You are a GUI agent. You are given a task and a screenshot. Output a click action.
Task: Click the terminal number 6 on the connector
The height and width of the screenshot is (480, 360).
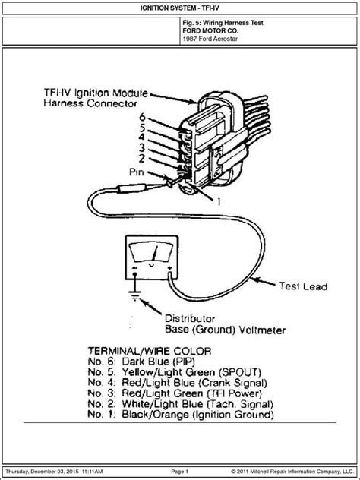[x=142, y=117]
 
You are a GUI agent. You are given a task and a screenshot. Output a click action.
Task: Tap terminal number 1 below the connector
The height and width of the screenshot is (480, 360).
[x=219, y=202]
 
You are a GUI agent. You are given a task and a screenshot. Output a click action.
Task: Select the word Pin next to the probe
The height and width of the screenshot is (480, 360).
[x=137, y=172]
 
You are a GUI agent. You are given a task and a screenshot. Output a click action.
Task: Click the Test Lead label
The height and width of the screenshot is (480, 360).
[x=303, y=286]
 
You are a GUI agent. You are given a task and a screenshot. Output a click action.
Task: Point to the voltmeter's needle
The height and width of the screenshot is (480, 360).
[x=155, y=253]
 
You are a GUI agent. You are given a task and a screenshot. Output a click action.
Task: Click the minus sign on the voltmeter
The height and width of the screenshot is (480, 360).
[x=134, y=268]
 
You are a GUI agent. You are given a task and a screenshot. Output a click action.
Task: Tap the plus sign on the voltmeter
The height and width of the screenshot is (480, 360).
[x=169, y=268]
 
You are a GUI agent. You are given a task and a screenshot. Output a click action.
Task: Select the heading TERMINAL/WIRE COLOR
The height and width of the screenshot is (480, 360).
[x=150, y=351]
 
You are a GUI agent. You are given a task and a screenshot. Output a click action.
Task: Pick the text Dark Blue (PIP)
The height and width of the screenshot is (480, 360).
[x=158, y=362]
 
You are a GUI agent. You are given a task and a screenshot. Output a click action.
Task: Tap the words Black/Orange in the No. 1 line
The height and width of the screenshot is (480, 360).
[x=155, y=415]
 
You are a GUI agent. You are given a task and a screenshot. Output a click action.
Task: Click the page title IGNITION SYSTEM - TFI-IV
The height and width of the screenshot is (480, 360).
[x=180, y=8]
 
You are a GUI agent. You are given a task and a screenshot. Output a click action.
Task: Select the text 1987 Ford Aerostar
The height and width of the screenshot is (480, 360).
[x=210, y=39]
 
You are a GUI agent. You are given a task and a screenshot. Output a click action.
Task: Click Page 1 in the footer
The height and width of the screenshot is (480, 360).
[x=180, y=472]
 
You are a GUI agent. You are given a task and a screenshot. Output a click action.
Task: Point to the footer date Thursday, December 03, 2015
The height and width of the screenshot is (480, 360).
[x=43, y=472]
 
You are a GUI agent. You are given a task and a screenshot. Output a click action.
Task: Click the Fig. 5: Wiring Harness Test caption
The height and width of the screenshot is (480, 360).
[x=223, y=23]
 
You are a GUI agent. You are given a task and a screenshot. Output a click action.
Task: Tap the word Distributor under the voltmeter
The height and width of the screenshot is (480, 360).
[x=190, y=319]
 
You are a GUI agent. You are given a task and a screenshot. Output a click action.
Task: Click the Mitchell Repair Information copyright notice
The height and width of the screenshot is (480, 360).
[x=292, y=472]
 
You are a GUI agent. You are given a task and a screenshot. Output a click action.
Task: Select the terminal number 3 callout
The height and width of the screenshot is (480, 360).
[x=142, y=148]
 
